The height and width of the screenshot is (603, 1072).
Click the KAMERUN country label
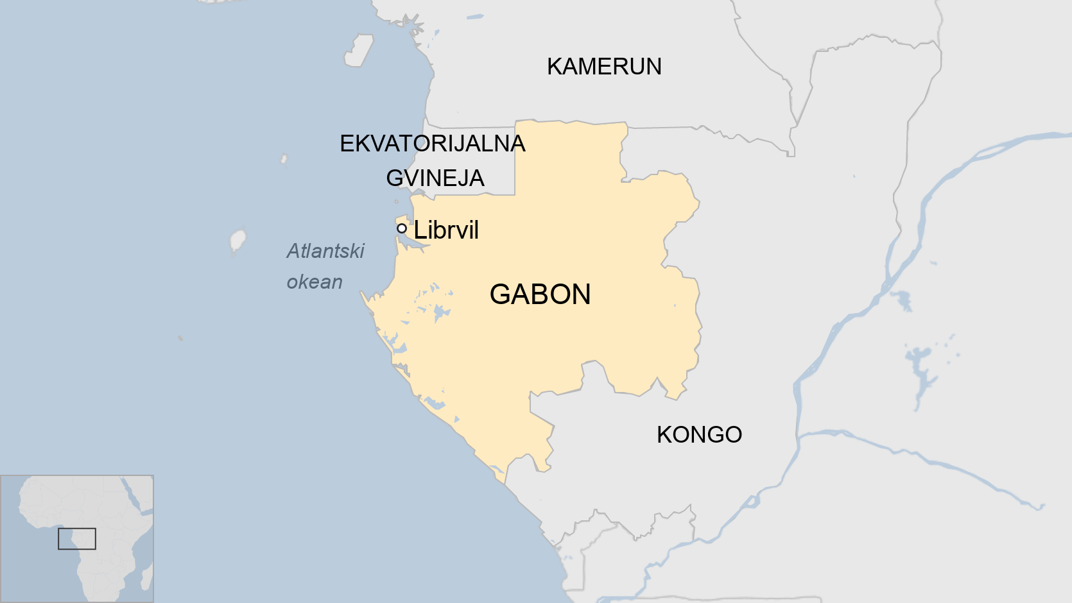[604, 67]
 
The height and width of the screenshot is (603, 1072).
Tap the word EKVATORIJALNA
[432, 144]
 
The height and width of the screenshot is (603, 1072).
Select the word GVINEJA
[435, 178]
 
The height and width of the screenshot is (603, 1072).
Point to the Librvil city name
[446, 230]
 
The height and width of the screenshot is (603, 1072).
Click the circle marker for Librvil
[402, 228]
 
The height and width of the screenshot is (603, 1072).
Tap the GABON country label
[540, 294]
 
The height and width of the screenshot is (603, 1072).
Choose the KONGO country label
[699, 435]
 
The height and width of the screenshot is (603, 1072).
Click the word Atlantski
[325, 251]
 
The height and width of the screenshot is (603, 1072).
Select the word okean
[315, 282]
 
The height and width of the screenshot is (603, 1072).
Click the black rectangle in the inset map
[77, 539]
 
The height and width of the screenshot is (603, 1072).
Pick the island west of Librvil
[238, 241]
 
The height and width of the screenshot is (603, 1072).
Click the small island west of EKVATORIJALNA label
[284, 158]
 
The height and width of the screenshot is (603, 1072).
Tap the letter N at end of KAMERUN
[653, 67]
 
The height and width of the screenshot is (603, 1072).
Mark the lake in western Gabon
[441, 312]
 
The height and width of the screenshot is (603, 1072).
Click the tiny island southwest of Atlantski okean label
[180, 337]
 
